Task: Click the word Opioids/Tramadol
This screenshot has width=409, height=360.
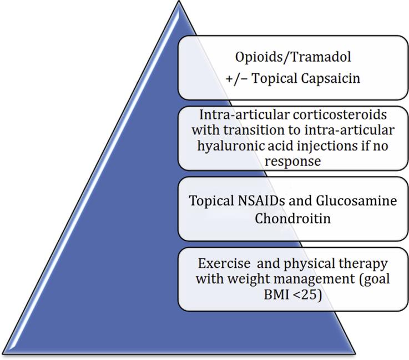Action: point(293,57)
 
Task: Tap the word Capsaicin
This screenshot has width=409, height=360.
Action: point(331,78)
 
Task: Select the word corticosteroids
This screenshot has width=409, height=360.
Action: point(340,115)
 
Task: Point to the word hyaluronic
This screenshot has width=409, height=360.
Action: point(231,146)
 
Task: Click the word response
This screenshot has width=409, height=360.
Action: point(292,162)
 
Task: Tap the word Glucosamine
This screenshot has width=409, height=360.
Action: point(357,201)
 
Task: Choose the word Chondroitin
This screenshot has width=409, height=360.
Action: point(292,218)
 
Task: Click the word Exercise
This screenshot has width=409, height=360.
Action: point(224,263)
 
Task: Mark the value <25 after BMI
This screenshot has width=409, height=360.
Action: point(307,295)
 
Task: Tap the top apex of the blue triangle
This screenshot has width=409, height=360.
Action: point(179,1)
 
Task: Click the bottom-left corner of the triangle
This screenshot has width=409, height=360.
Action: point(2,354)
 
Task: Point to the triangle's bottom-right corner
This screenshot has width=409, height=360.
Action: point(355,354)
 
